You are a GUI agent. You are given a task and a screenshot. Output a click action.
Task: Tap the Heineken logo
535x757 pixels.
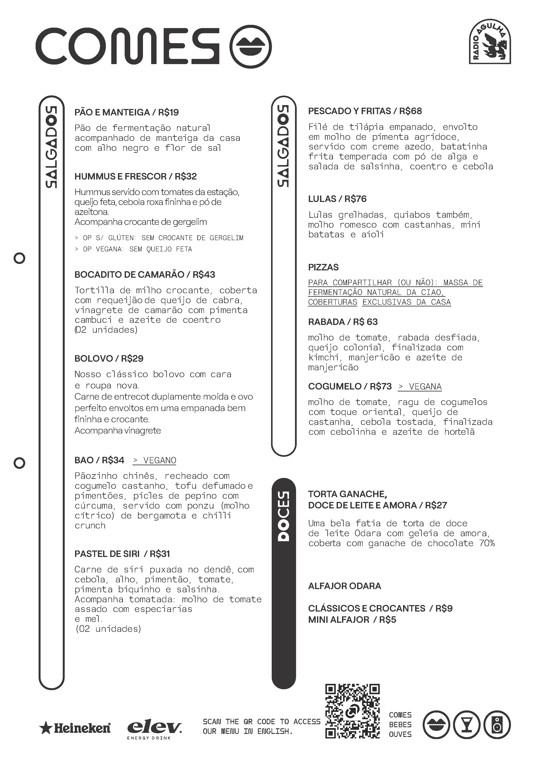[75, 728]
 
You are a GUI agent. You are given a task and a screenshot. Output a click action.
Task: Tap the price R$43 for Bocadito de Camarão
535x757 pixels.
[204, 275]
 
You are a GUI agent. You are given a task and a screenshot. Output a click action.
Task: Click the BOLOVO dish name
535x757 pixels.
[94, 359]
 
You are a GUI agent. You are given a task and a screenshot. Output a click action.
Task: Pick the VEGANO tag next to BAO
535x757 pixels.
[154, 460]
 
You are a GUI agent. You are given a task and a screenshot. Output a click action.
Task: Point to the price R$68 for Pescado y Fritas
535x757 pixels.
[411, 111]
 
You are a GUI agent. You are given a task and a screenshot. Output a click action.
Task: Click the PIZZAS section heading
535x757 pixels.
[323, 267]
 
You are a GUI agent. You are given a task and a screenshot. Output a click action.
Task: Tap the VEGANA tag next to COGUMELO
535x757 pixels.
[420, 386]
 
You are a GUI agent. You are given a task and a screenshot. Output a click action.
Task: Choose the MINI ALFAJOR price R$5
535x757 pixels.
[388, 620]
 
